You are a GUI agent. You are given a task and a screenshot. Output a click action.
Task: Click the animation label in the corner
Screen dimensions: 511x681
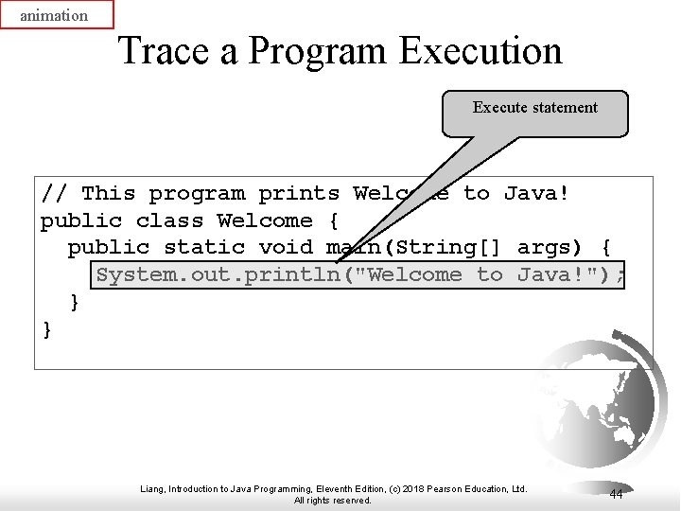[54, 15]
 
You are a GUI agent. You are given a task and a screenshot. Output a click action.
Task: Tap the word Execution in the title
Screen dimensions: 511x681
[480, 50]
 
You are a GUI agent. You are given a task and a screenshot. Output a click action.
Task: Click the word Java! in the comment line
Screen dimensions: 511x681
[537, 194]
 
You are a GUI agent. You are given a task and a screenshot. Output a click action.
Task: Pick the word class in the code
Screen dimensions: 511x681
[169, 221]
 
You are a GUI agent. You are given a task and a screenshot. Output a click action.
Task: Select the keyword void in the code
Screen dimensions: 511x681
[286, 248]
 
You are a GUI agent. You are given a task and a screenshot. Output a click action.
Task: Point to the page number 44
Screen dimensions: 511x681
[616, 494]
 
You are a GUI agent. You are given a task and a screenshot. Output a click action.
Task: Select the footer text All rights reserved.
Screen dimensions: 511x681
[333, 501]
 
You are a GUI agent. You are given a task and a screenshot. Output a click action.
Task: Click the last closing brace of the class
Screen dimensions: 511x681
[47, 329]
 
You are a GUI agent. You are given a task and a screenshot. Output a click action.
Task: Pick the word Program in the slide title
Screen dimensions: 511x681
[318, 50]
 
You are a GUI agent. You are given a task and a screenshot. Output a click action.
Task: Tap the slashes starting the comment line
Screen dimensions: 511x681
[54, 194]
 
